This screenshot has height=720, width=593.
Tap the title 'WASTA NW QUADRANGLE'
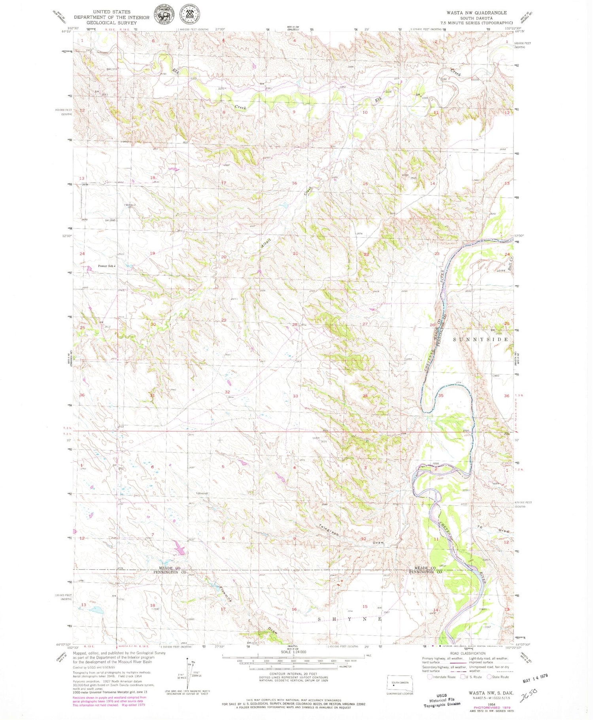[471, 13]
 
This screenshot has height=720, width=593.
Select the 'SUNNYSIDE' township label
[480, 340]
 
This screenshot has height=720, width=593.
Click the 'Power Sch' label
[106, 266]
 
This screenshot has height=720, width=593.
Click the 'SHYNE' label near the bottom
[349, 619]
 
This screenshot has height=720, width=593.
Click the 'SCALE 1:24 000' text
[293, 652]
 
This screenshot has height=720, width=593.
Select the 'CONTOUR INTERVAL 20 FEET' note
[293, 674]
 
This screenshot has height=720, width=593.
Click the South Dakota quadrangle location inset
[400, 684]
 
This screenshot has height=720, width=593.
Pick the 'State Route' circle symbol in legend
[489, 677]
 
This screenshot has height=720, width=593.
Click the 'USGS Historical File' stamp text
[442, 700]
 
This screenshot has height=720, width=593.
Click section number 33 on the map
[295, 396]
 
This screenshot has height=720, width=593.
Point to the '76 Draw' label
[492, 529]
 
